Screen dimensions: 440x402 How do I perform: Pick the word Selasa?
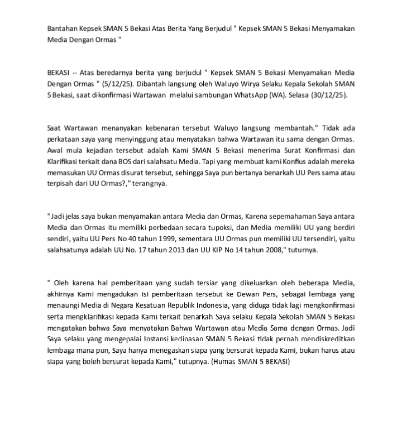[x=294, y=95]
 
